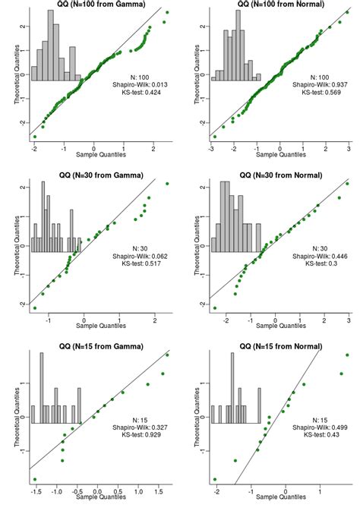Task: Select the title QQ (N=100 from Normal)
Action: point(273,5)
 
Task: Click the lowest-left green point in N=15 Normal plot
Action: point(215,479)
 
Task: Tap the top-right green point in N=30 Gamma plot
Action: point(167,184)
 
